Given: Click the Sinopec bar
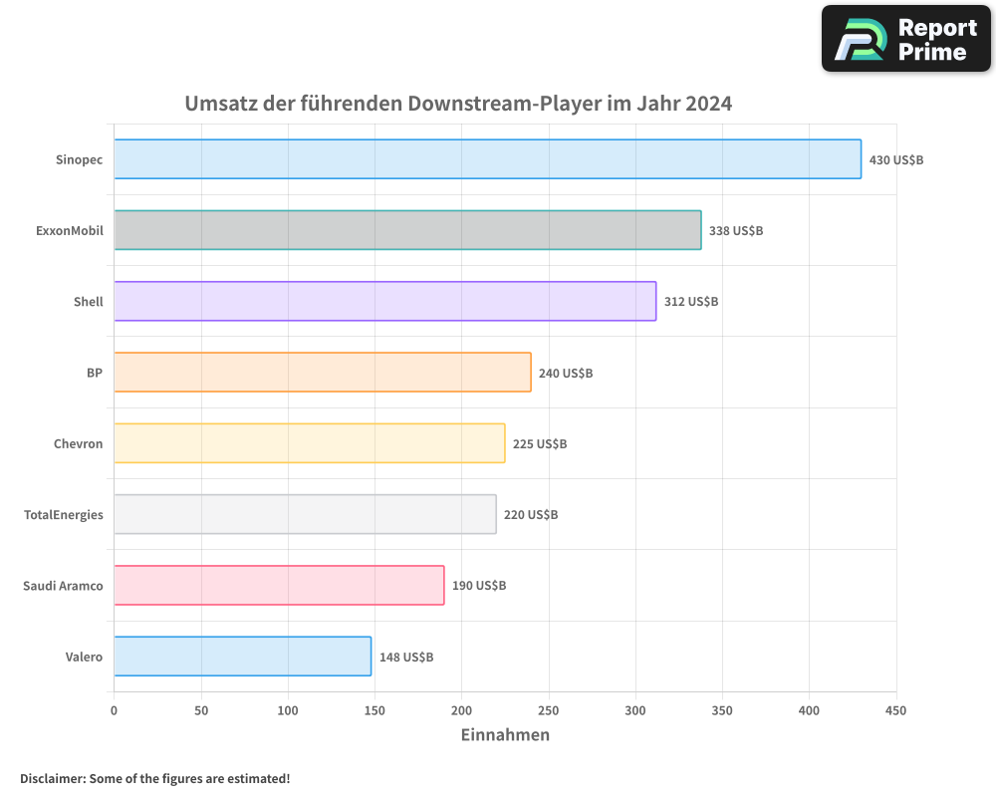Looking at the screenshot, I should click(x=487, y=159).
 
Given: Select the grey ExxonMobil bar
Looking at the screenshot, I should click(x=407, y=230).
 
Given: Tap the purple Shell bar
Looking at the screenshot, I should click(x=384, y=301).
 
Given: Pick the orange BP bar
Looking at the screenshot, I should click(x=322, y=373).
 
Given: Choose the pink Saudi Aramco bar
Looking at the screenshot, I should click(x=279, y=586).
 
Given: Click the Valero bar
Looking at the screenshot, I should click(x=242, y=657).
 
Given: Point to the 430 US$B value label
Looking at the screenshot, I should click(x=896, y=159).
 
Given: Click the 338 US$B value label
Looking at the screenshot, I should click(x=736, y=231).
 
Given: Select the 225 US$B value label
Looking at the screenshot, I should click(x=540, y=444).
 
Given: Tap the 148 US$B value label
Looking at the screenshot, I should click(x=406, y=658).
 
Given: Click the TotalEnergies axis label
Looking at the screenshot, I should click(x=64, y=515).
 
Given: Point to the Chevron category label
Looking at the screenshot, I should click(x=78, y=444).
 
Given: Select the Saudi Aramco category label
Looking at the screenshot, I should click(x=63, y=586).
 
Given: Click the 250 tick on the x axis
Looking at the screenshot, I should click(x=549, y=711).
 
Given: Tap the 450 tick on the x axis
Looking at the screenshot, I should click(x=896, y=711).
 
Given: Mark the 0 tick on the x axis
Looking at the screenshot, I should click(x=114, y=711).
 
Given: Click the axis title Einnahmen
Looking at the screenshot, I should click(x=505, y=735).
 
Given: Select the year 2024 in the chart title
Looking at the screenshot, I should click(x=708, y=104).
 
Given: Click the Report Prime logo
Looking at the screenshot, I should click(x=906, y=39).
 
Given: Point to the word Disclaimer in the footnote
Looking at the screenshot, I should click(x=52, y=778).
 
